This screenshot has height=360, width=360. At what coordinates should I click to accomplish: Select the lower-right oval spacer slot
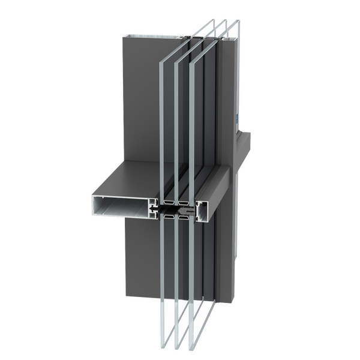tap(184, 217)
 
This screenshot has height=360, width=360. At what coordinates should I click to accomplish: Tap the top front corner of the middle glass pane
tap(176, 61)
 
